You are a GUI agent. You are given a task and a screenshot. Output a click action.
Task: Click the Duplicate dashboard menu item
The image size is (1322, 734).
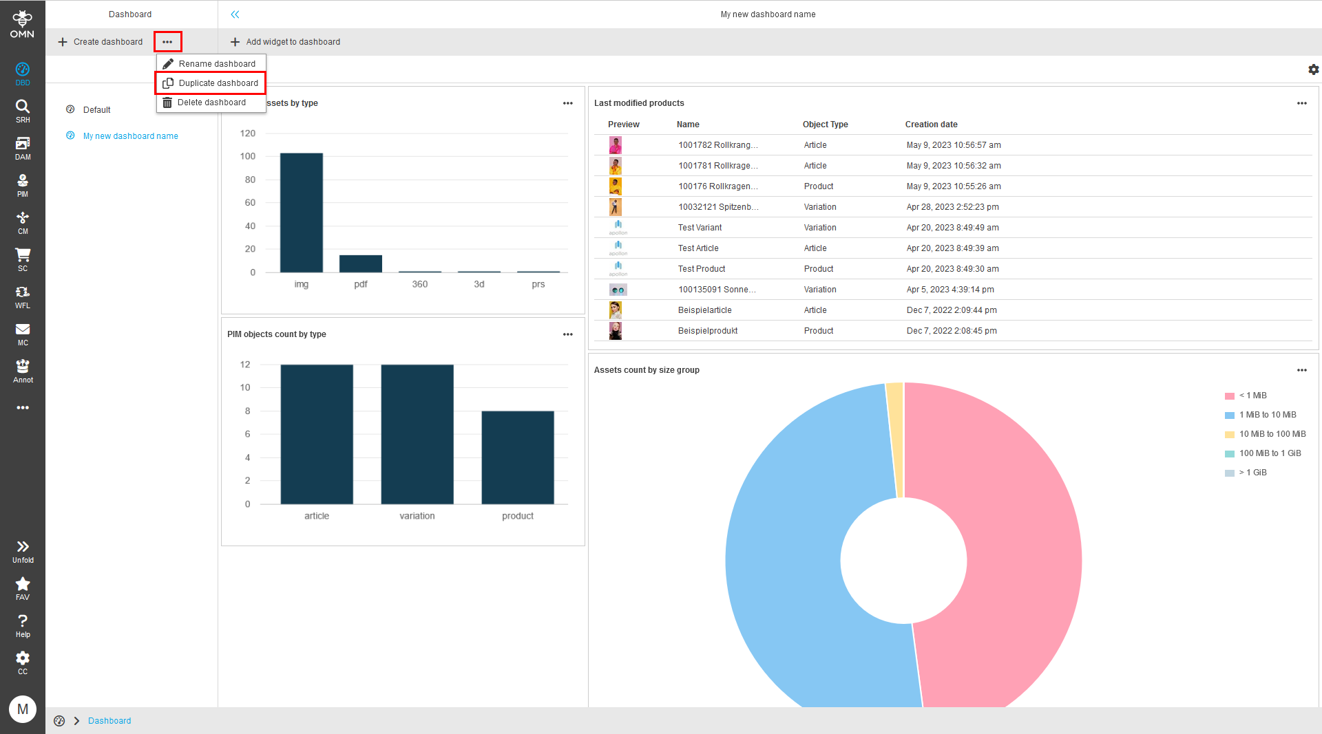pos(218,83)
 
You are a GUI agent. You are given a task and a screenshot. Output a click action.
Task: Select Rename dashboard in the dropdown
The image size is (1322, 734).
pos(216,64)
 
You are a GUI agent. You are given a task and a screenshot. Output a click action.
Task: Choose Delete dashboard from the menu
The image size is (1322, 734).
pos(211,102)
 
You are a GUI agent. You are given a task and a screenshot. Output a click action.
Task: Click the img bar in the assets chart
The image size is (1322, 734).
pos(301,213)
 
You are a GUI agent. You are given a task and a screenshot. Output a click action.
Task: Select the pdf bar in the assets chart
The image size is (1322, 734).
pos(360,263)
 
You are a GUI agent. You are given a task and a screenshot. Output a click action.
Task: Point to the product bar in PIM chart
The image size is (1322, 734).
pos(518,457)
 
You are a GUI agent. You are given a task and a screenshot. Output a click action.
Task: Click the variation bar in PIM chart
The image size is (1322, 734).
pos(417,434)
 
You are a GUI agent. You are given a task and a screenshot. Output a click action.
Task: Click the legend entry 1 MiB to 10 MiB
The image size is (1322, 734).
pos(1267,415)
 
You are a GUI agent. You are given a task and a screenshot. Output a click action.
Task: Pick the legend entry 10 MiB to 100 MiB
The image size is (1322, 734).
pos(1272,434)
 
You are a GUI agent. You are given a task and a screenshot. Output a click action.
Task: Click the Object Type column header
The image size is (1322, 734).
pos(825,125)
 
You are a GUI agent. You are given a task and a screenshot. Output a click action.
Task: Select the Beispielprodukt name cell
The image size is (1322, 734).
pos(707,331)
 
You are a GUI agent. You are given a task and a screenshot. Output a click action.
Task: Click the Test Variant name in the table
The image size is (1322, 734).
pos(700,228)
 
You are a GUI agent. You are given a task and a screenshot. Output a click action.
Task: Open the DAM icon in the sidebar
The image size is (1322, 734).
pos(23,147)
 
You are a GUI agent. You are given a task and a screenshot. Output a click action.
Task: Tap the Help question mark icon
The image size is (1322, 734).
pos(23,625)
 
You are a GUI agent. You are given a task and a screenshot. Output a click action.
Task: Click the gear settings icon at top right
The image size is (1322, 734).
pos(1313,69)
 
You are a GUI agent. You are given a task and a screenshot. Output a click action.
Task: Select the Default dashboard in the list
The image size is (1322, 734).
pos(96,110)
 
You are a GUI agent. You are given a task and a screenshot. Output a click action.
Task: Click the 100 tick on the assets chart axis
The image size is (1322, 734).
pos(248,156)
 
